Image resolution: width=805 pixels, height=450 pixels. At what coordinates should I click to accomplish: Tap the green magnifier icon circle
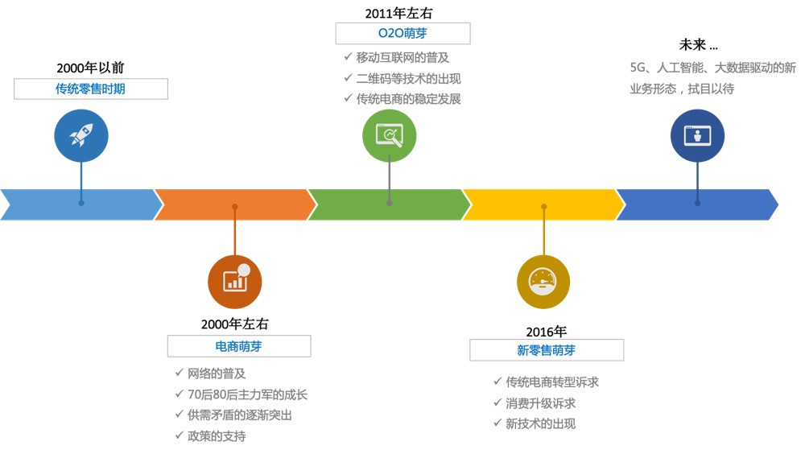390,135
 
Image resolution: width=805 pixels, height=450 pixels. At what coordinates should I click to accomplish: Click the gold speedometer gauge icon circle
543,283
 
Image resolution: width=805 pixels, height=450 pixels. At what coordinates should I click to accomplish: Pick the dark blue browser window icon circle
697,135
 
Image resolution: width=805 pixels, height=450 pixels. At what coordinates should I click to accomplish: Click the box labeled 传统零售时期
90,89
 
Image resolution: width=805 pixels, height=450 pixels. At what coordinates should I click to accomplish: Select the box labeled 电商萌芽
239,346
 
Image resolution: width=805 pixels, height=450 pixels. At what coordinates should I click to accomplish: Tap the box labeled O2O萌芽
402,33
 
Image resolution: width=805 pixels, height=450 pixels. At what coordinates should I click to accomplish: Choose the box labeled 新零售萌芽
547,350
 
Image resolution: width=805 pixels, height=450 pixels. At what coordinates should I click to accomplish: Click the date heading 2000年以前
90,68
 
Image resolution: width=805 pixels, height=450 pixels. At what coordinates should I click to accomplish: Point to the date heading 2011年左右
402,12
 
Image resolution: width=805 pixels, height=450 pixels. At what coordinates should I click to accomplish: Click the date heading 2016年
547,331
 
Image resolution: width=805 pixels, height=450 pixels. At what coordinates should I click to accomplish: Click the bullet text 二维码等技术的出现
409,78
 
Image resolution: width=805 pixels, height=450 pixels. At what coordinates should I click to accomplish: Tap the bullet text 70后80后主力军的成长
247,394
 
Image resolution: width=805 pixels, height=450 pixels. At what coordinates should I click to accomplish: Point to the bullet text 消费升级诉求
540,403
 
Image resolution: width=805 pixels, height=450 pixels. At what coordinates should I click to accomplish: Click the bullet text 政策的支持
217,436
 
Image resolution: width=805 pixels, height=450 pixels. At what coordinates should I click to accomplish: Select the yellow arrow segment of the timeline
539,204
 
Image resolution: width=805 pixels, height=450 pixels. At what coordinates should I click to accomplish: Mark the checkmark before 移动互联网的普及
347,57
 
